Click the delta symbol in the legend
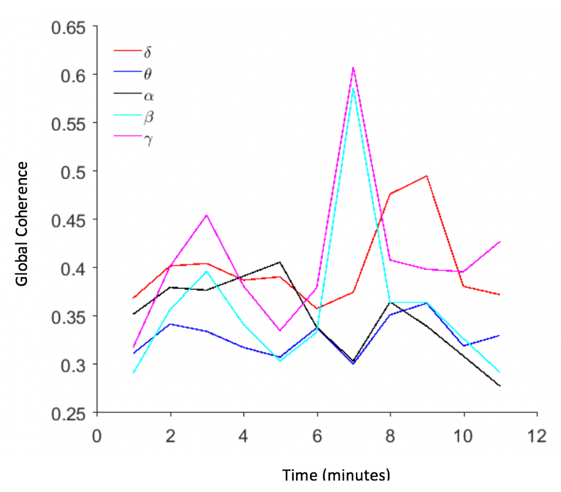click(148, 52)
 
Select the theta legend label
click(149, 74)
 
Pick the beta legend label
click(149, 117)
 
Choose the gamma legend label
click(149, 139)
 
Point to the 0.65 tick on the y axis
click(69, 27)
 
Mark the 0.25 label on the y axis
click(69, 413)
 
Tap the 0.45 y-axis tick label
click(69, 220)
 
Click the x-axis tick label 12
click(537, 436)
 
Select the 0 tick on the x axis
click(97, 436)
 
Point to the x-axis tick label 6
click(317, 436)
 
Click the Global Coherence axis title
click(22, 224)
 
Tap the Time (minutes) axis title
click(336, 475)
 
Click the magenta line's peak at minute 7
click(353, 68)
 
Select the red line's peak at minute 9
click(427, 176)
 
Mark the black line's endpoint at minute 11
click(500, 385)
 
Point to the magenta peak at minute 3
click(207, 215)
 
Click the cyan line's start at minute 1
click(134, 372)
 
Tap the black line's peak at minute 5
click(280, 262)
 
